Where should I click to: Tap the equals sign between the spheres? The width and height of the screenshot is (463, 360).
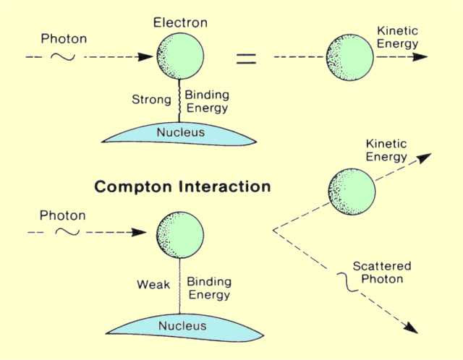[247, 59]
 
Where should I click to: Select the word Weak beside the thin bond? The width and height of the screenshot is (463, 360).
[153, 285]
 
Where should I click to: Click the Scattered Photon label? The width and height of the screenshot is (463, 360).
[377, 272]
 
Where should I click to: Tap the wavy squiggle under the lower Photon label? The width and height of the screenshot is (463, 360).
[67, 232]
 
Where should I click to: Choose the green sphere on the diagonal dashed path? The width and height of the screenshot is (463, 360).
[351, 192]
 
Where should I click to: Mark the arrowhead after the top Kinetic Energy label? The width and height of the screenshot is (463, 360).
[420, 57]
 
